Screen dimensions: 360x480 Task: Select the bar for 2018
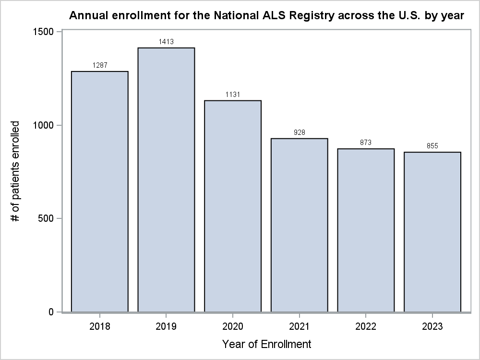(99, 192)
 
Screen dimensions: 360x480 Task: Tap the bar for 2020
(233, 206)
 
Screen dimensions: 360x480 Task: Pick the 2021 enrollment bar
(299, 226)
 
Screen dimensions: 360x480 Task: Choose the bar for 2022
(366, 230)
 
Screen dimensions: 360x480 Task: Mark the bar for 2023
(432, 232)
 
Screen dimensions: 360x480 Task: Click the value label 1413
(166, 42)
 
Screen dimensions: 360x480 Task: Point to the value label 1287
(99, 65)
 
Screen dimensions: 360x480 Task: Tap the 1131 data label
(233, 95)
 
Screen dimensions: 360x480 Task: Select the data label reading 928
(299, 132)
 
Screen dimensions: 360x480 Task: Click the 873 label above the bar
(366, 143)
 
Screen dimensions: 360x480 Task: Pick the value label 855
(432, 146)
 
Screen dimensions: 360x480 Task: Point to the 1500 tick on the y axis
(44, 32)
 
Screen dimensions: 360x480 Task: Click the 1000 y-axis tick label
(44, 125)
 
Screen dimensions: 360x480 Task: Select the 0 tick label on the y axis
(51, 312)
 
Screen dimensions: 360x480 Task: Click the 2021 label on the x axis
(299, 327)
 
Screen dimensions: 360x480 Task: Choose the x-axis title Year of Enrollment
(266, 344)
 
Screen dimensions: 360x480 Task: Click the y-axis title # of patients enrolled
(16, 171)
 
